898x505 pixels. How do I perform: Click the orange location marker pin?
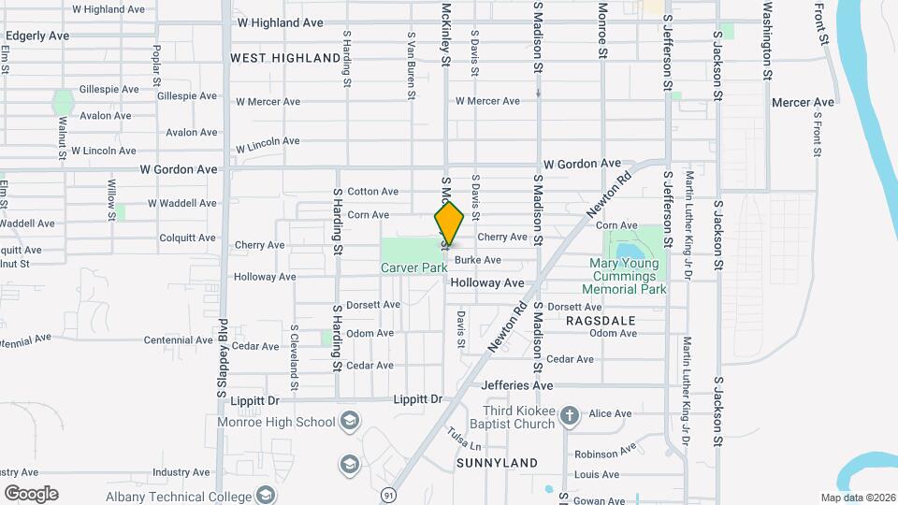click(x=450, y=224)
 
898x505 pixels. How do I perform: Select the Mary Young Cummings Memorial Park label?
click(x=624, y=278)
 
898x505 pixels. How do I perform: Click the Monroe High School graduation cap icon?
click(x=350, y=420)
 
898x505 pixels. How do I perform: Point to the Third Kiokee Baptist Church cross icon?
click(x=572, y=414)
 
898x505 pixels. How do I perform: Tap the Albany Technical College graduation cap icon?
click(x=266, y=495)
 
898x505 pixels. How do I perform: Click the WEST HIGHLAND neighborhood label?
click(x=285, y=58)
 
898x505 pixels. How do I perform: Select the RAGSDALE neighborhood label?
click(x=601, y=319)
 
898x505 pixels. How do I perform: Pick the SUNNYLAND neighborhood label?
click(x=497, y=463)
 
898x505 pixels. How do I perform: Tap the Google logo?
click(x=30, y=493)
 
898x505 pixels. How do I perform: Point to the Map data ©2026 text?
click(x=857, y=498)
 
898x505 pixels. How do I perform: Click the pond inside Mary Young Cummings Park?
click(x=623, y=251)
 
